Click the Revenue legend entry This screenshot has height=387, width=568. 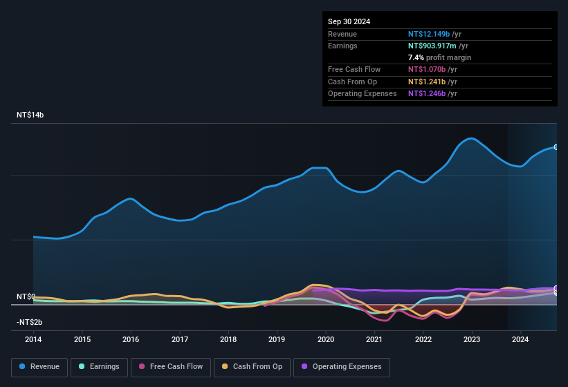coord(39,367)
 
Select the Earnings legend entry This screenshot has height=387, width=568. coord(98,367)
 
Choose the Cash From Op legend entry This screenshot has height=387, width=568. coord(253,367)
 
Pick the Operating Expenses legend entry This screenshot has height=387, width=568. coord(342,367)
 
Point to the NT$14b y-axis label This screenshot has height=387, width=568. coord(30,115)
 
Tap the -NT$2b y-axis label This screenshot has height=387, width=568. coord(30,323)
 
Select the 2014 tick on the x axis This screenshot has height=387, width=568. coord(33,339)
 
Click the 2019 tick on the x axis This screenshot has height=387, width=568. coord(277,339)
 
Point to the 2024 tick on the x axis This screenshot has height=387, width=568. coord(520,339)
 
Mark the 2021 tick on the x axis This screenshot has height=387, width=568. coord(374,339)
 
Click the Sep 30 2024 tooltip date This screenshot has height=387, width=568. coord(349,21)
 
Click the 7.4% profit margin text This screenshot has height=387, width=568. coord(439,57)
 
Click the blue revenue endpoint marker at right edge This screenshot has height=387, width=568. coord(556,147)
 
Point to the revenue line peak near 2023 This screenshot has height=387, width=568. coord(471,138)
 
